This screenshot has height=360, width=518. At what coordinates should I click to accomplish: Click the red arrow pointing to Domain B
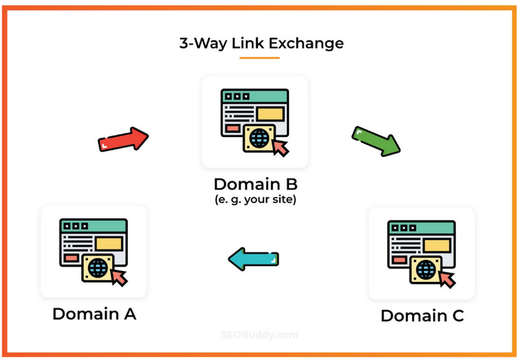123,139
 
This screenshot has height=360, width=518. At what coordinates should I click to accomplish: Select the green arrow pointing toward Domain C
376,141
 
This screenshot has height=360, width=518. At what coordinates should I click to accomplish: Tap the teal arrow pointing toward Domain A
254,259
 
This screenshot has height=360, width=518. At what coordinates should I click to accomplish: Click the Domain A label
94,314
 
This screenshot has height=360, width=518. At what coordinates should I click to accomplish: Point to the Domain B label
256,184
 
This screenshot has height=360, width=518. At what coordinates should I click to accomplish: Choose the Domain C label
422,316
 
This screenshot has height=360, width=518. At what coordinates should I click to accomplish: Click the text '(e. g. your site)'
255,200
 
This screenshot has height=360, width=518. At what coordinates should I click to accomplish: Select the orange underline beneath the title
260,58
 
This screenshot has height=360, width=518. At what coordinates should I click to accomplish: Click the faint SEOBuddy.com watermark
260,335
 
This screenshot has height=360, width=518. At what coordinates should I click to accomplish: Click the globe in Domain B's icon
260,138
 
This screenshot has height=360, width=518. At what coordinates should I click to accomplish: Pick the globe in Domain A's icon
98,268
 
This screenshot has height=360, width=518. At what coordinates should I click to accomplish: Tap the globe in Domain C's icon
426,270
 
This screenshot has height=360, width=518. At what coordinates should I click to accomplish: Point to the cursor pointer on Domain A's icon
120,278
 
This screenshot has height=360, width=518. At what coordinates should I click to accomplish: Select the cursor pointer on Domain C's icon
448,280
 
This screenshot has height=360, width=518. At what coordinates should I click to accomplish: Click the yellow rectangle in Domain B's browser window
271,114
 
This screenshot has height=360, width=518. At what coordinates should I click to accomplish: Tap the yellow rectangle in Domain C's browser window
437,246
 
